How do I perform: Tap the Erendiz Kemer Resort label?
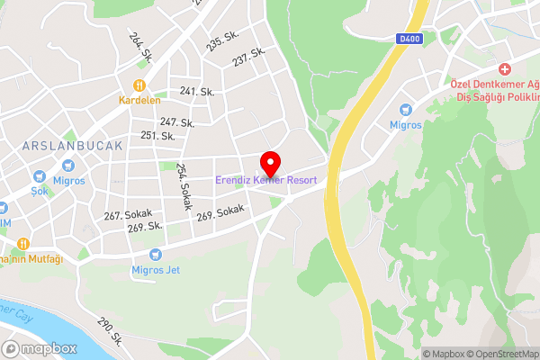(265, 180)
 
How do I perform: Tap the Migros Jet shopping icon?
(156, 255)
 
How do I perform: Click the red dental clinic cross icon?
(505, 69)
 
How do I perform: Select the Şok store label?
(39, 191)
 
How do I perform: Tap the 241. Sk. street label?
(196, 91)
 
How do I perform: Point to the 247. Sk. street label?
(177, 121)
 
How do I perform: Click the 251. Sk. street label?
(157, 135)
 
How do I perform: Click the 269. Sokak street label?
(220, 213)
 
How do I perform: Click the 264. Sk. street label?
(141, 48)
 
